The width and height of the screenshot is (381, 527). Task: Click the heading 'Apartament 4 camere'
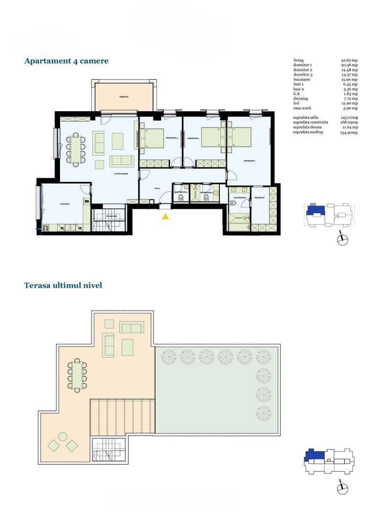coord(66,61)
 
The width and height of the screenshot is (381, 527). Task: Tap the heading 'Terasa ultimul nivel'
coord(63,285)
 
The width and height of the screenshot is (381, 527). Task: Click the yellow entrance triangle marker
coord(166,216)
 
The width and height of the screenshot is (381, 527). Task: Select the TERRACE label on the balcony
coord(124,97)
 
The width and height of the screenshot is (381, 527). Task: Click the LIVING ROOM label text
coord(121,173)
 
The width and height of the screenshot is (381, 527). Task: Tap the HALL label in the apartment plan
coord(157,188)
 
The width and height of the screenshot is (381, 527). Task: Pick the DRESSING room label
coord(259,198)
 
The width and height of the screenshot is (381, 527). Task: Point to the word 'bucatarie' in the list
coord(302,79)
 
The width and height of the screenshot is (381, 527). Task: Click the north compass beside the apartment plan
coord(343,240)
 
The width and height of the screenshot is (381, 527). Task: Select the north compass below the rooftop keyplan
coord(343,488)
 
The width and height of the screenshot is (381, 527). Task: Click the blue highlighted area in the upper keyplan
coord(315,210)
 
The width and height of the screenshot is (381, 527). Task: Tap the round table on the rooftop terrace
coord(63,436)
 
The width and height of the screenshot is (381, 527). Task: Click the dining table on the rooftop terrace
coord(77,375)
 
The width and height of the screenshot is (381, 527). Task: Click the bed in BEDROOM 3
coord(155,138)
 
